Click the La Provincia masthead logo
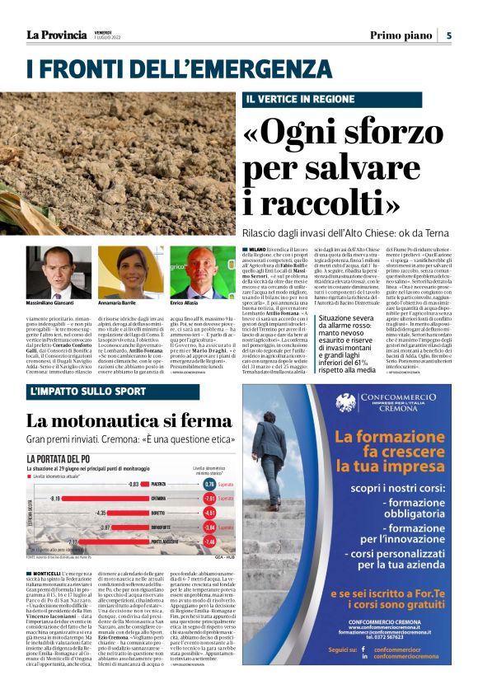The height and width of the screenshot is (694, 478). pos(55,35)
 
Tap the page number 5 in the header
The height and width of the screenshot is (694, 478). pos(449,35)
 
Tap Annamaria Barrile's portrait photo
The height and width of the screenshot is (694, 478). pos(131,273)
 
